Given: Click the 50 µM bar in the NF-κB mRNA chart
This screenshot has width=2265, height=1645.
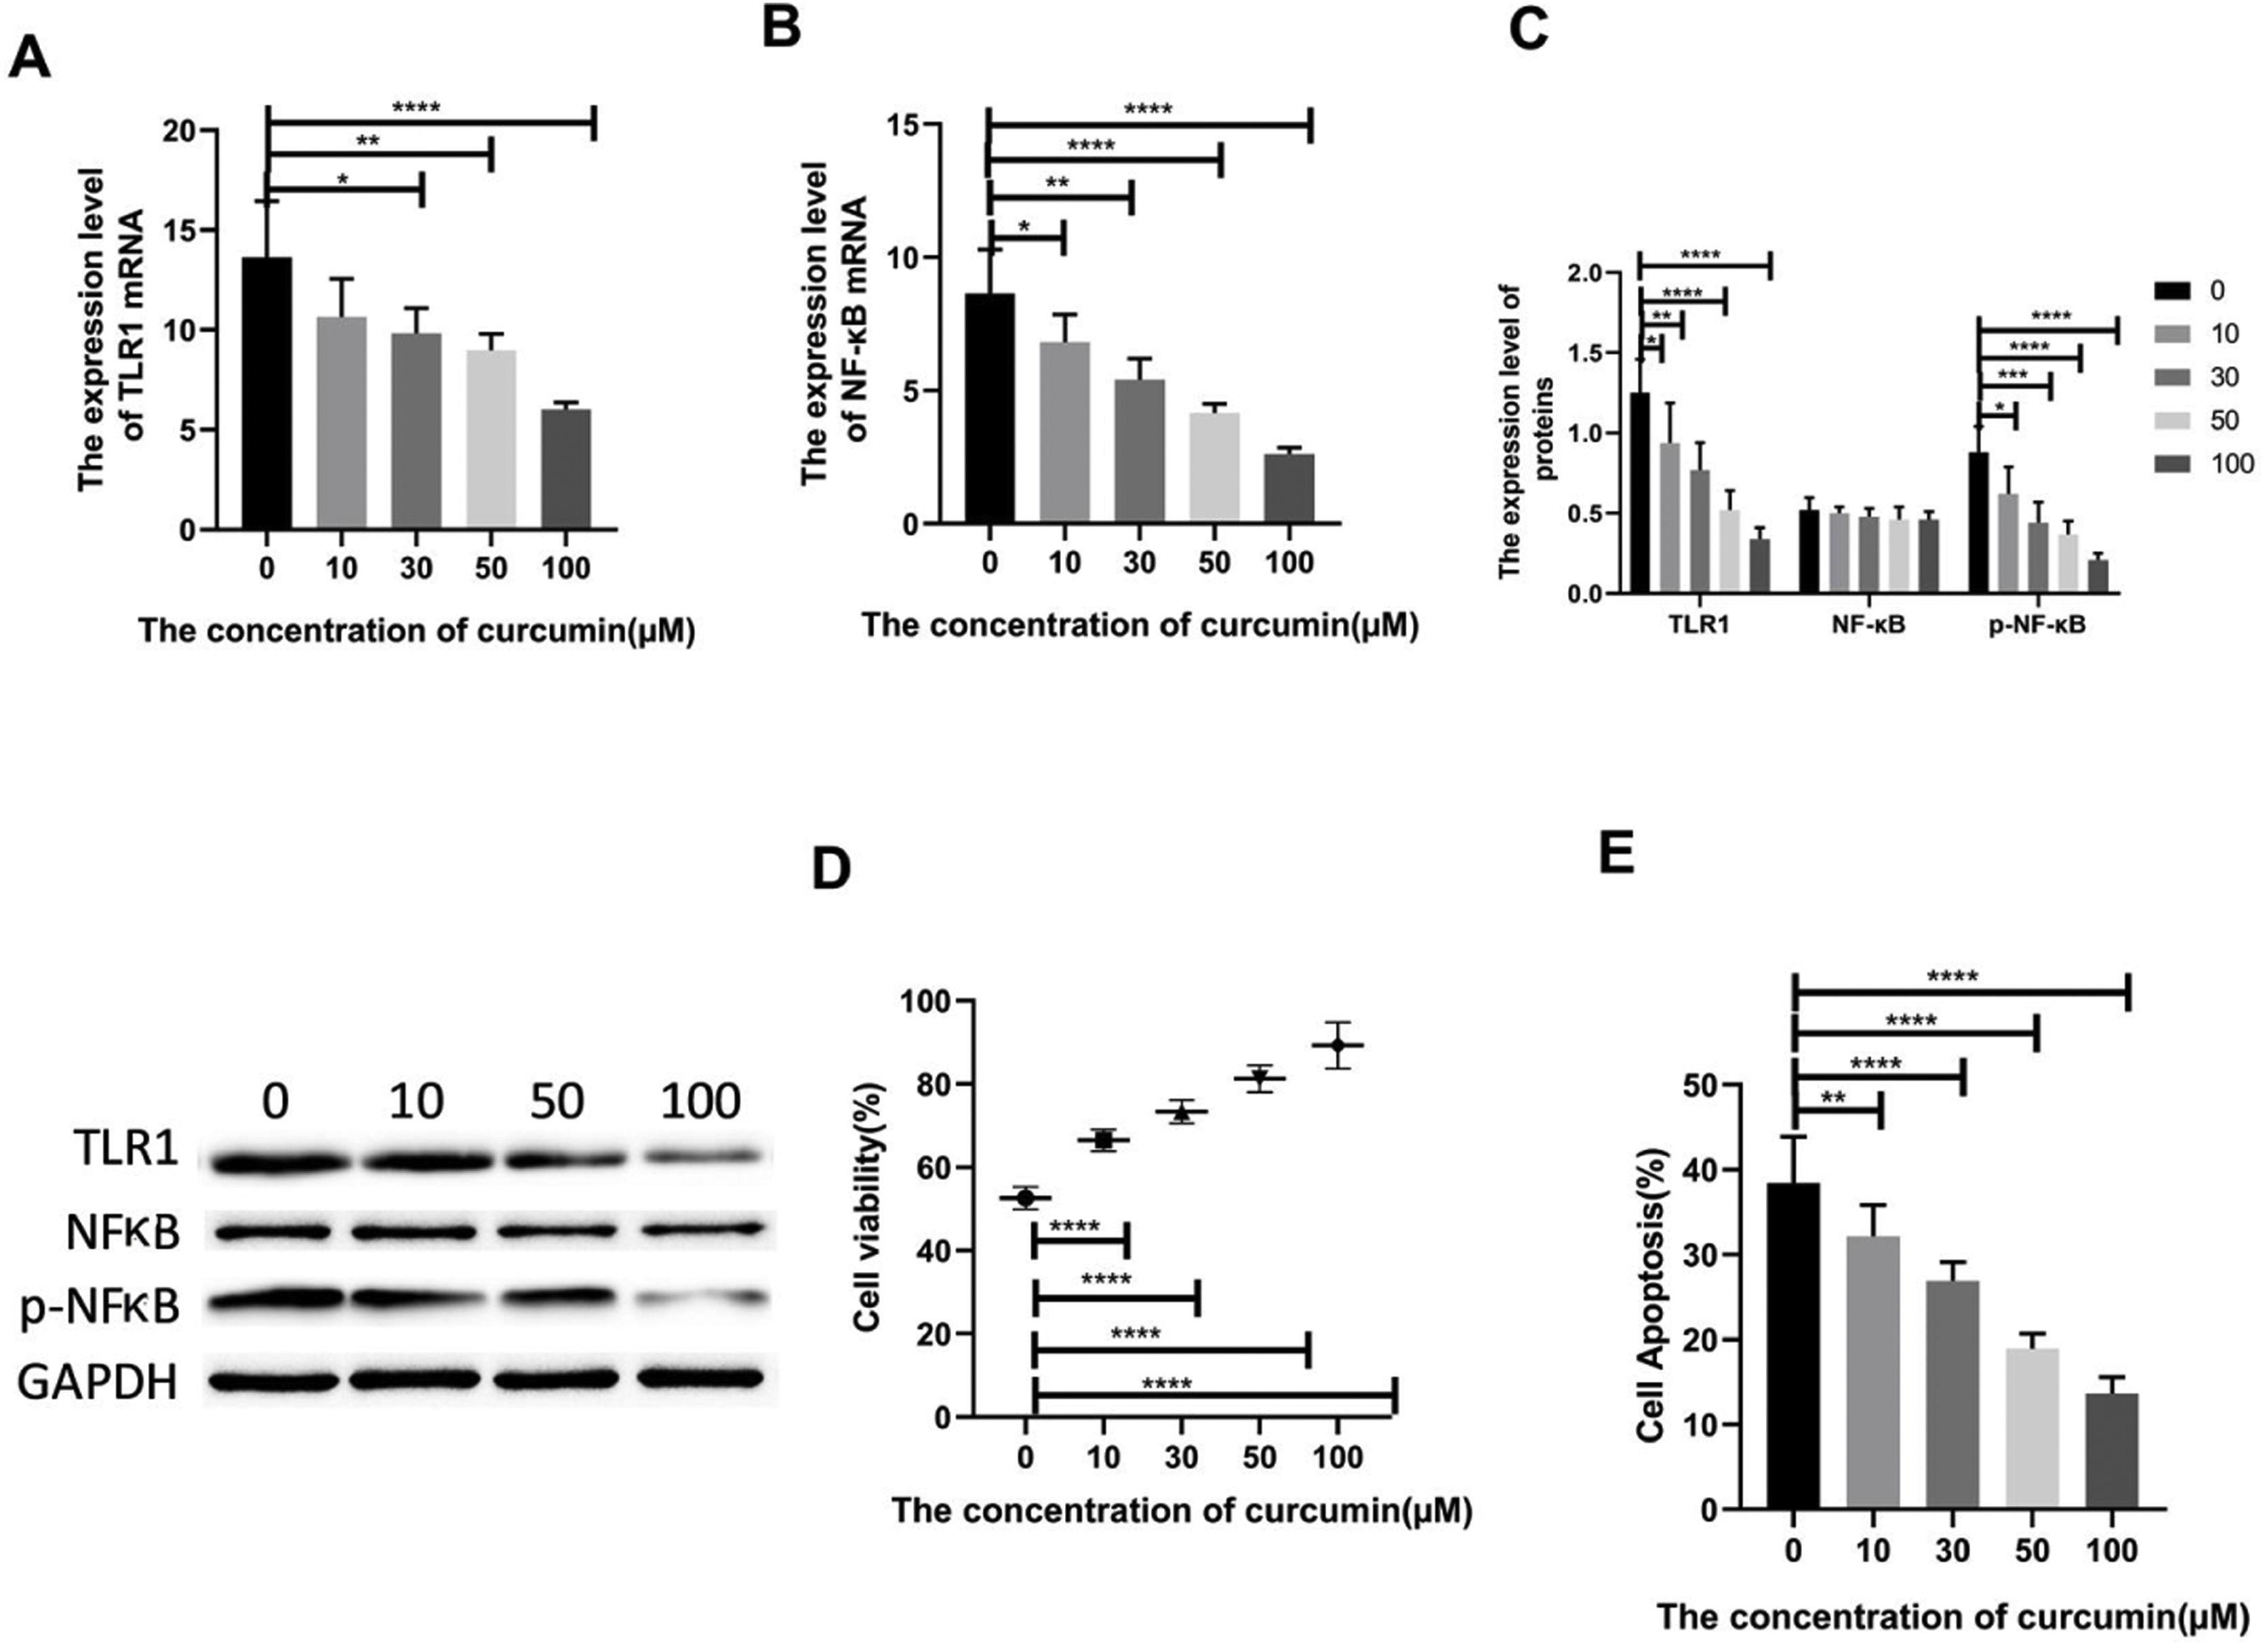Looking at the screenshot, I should (1214, 467).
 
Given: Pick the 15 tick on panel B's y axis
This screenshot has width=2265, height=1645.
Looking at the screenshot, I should (907, 125).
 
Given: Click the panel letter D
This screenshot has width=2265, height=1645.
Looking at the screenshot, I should (831, 871).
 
